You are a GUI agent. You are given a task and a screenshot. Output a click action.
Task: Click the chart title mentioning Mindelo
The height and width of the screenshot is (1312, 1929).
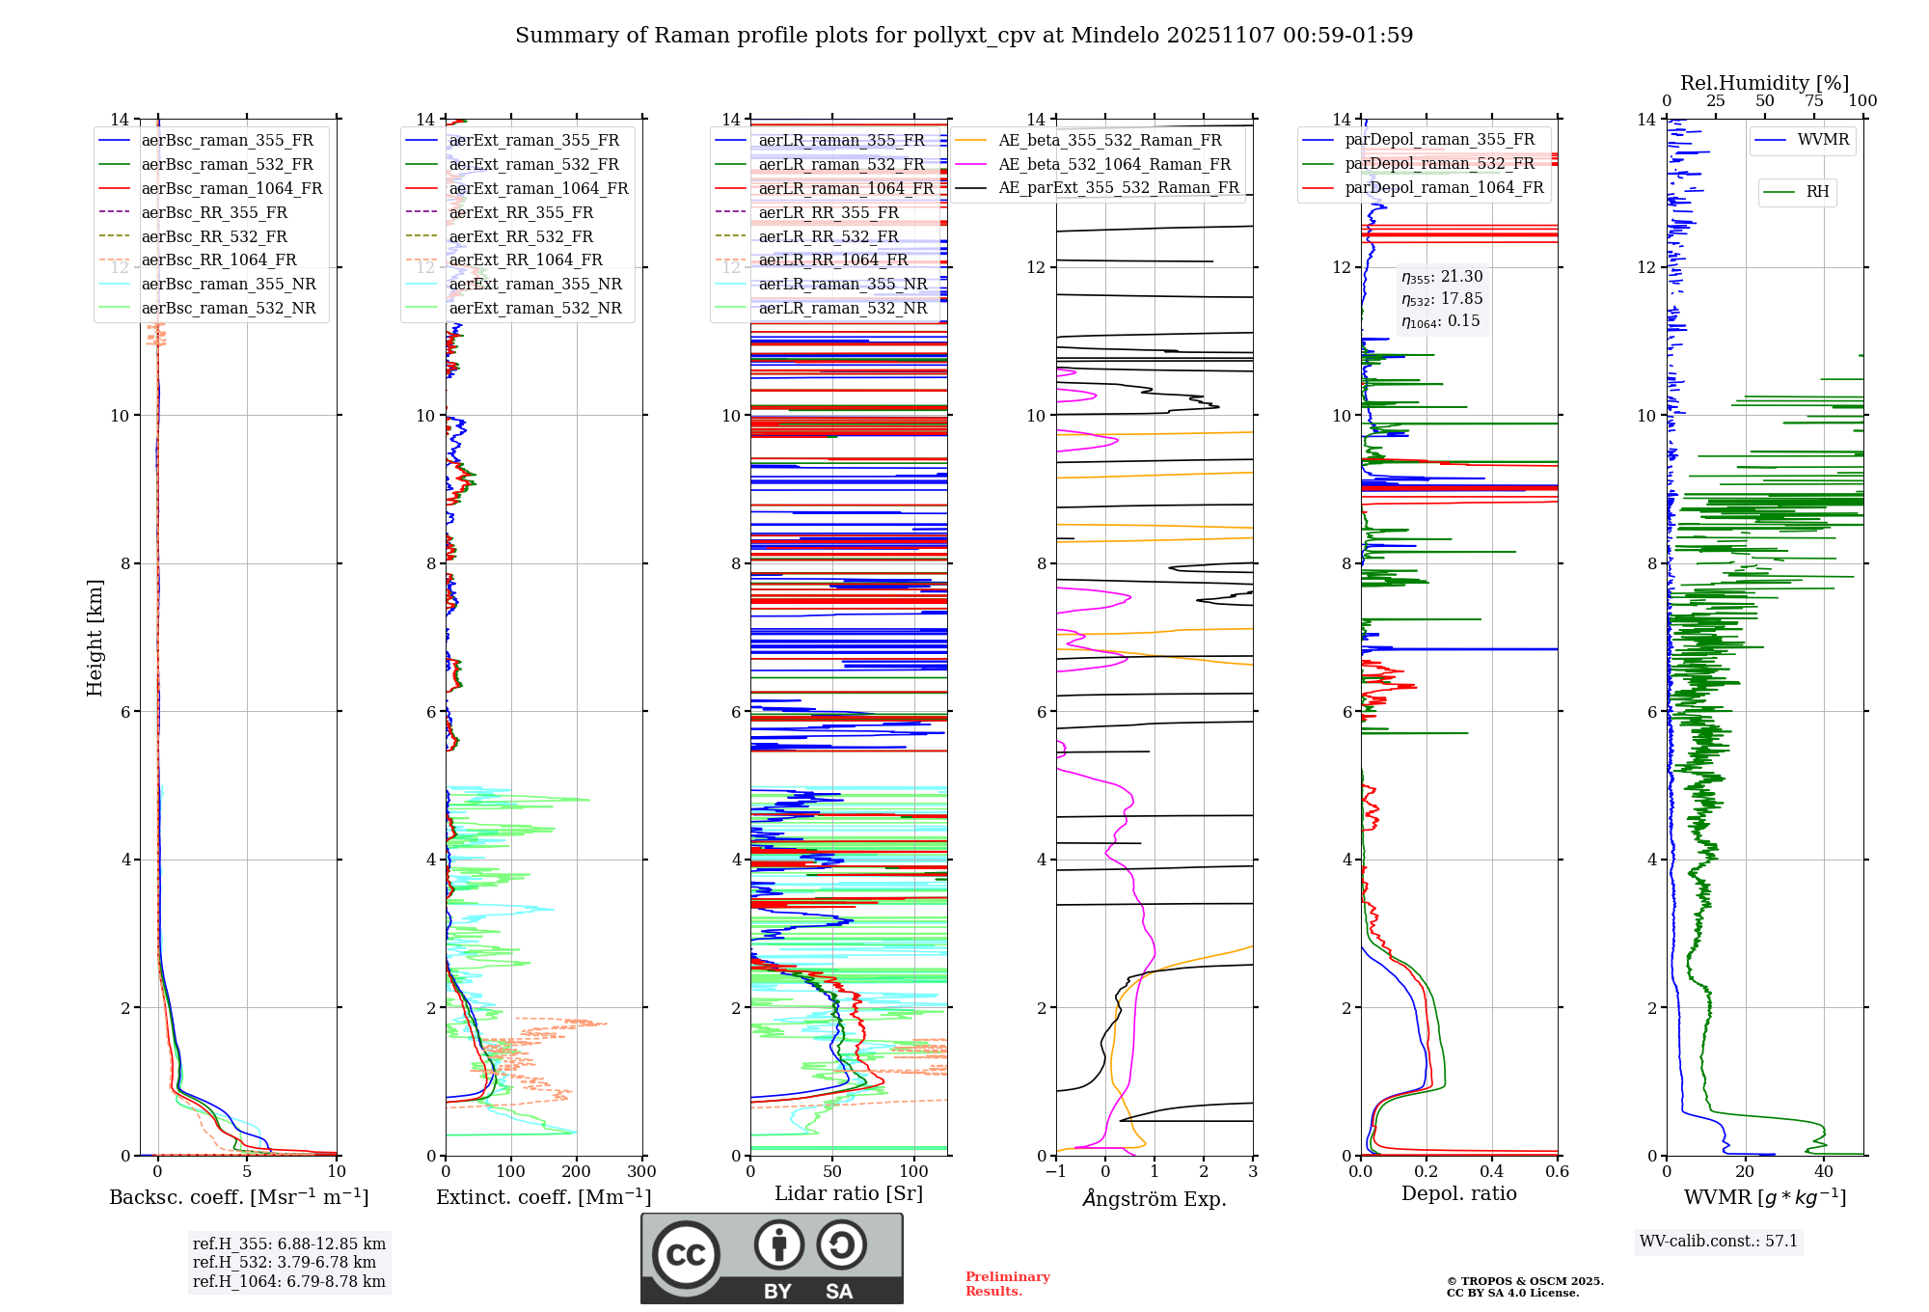[x=964, y=36]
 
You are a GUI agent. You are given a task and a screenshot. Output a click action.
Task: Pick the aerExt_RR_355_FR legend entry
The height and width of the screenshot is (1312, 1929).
[x=521, y=212]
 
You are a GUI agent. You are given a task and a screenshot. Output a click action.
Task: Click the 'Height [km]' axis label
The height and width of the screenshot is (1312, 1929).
[x=95, y=637]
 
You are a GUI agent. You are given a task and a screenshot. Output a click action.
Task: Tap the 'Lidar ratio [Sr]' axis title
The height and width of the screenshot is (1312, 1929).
[x=849, y=1193]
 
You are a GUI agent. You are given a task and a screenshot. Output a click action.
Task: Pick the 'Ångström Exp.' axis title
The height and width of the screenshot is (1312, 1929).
[x=1155, y=1199]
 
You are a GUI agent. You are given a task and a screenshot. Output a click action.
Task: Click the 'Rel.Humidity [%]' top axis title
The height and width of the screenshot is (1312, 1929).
[x=1764, y=83]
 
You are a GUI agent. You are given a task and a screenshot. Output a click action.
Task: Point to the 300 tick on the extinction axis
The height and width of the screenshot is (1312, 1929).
[x=641, y=1172]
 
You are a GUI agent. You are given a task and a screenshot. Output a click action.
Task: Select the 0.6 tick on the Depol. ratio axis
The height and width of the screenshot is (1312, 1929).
[x=1557, y=1172]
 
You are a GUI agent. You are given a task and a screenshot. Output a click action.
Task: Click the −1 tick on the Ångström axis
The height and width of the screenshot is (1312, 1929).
[x=1056, y=1172]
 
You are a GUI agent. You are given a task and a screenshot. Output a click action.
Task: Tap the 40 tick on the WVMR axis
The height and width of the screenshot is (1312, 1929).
[x=1823, y=1172]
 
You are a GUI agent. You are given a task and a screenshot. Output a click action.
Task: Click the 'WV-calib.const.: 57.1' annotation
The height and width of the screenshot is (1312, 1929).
[x=1719, y=1241]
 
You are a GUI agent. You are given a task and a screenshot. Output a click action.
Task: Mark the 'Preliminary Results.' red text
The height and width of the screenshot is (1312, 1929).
[x=1007, y=1283]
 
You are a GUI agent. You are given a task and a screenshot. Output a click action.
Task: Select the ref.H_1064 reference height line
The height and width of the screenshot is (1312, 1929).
[x=288, y=1282]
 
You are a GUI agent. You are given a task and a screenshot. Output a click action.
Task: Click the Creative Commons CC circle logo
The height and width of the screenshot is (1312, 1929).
[x=686, y=1254]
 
